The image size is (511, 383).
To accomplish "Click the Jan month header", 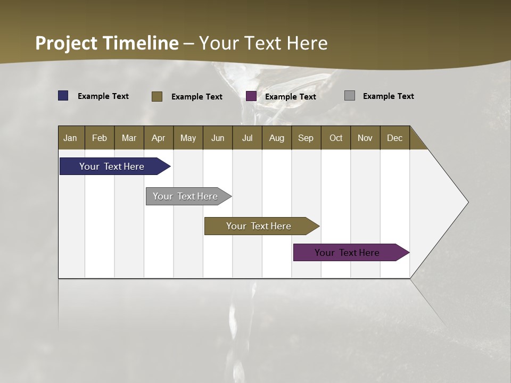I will click(x=70, y=138).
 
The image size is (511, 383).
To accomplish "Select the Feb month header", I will click(x=100, y=138).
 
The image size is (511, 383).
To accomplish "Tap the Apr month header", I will click(x=159, y=138).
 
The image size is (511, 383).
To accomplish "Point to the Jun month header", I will click(x=218, y=138).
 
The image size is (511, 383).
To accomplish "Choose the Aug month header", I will click(x=277, y=138).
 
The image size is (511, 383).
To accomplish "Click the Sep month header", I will click(x=306, y=138).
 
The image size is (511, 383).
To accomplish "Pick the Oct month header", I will click(x=336, y=138).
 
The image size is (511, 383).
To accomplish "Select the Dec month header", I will click(x=395, y=138).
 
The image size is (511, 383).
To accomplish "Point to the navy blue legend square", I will click(x=63, y=96).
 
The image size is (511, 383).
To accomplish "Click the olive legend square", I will click(x=157, y=96).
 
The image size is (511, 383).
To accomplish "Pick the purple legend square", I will click(x=251, y=96).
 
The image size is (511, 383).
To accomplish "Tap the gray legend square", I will click(x=350, y=96).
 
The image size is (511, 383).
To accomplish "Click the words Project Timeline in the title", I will click(x=107, y=43).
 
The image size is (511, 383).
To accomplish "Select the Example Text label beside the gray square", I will click(x=389, y=96).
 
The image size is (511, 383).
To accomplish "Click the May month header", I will click(x=188, y=138).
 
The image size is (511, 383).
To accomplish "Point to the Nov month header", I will click(x=365, y=138).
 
